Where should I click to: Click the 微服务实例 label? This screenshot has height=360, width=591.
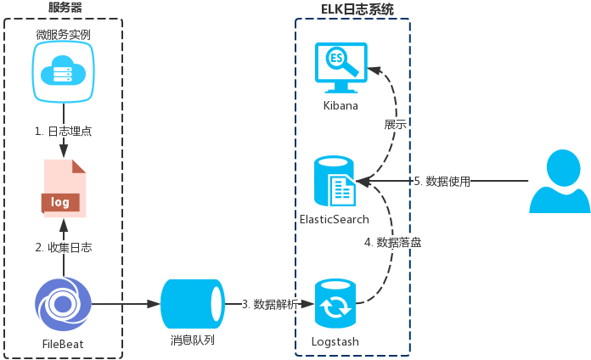pyautogui.click(x=64, y=35)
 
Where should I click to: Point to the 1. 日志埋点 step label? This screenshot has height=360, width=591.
pyautogui.click(x=64, y=132)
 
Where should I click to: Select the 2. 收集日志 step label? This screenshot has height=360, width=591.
pyautogui.click(x=64, y=248)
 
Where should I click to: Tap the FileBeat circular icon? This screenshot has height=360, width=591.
pyautogui.click(x=64, y=304)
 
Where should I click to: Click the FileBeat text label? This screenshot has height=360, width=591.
pyautogui.click(x=64, y=343)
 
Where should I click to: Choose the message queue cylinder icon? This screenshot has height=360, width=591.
pyautogui.click(x=192, y=303)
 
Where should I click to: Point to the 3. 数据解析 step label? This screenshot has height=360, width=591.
pyautogui.click(x=268, y=304)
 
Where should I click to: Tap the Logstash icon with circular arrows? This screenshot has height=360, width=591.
pyautogui.click(x=335, y=304)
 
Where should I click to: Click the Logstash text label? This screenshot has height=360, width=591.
pyautogui.click(x=335, y=341)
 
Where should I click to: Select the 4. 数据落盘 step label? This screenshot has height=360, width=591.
pyautogui.click(x=393, y=242)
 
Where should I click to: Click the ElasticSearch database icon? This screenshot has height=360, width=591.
pyautogui.click(x=335, y=181)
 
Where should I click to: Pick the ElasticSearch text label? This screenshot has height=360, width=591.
pyautogui.click(x=335, y=219)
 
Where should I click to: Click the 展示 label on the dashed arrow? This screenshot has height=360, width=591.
pyautogui.click(x=396, y=124)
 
